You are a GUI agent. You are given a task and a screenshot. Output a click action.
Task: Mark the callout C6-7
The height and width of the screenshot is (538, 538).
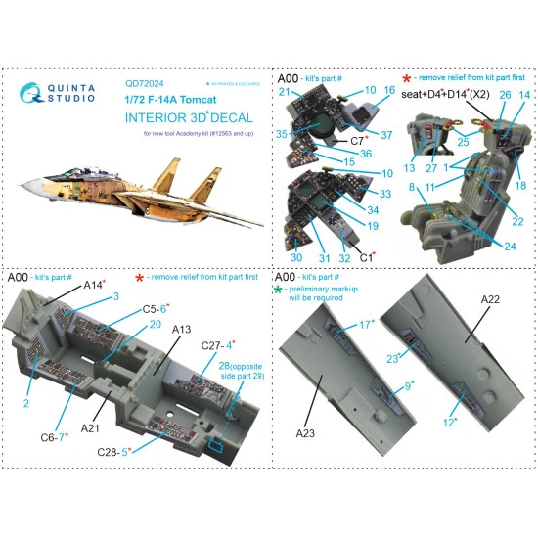48,436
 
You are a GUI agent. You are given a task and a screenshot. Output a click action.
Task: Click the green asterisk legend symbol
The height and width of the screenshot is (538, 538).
280,290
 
